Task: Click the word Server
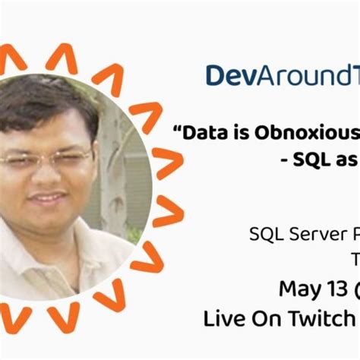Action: tap(313, 234)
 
